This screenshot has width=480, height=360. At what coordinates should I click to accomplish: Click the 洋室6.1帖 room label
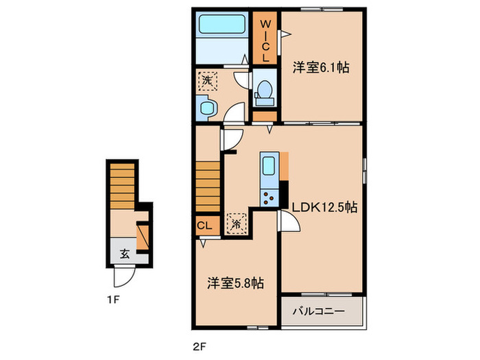322,68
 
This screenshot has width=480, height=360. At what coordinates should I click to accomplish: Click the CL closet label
205,224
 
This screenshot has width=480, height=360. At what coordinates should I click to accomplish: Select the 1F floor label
115,299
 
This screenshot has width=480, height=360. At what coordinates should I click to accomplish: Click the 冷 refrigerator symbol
237,222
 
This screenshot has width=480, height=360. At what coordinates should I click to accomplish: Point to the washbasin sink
205,106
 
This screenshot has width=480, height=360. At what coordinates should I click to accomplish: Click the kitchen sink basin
268,167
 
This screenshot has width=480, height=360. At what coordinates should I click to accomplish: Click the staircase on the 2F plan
208,186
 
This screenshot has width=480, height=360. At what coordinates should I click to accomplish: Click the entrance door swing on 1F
123,276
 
